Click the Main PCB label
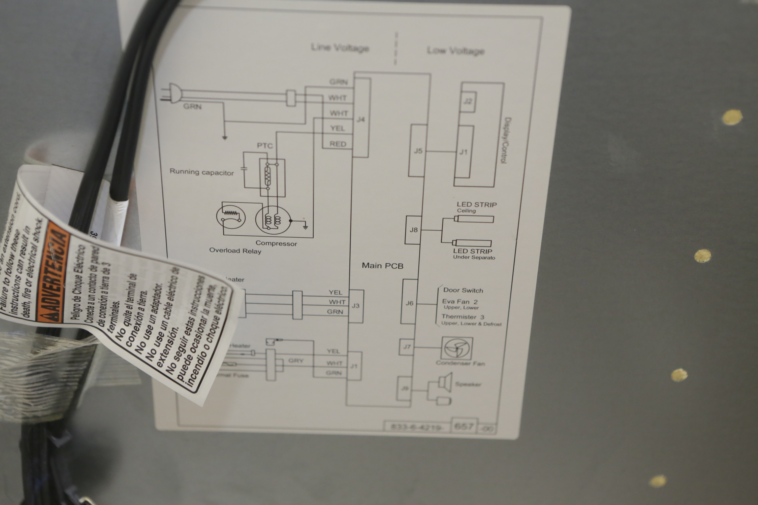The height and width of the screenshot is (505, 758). [382, 266]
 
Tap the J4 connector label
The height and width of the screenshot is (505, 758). [361, 119]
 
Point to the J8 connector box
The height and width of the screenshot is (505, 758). [413, 230]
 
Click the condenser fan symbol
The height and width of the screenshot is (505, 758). [457, 348]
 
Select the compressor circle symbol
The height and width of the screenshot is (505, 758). [273, 220]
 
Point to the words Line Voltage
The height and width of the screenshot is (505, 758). [340, 48]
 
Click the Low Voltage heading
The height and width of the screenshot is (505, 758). [455, 51]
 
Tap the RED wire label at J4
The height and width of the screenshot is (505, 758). [338, 144]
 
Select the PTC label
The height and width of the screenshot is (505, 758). [265, 146]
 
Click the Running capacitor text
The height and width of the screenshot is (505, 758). [201, 172]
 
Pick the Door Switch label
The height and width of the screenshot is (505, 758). [463, 290]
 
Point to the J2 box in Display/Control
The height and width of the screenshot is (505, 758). [468, 101]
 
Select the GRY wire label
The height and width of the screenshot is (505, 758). [296, 361]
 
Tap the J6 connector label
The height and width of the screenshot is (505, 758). [409, 303]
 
